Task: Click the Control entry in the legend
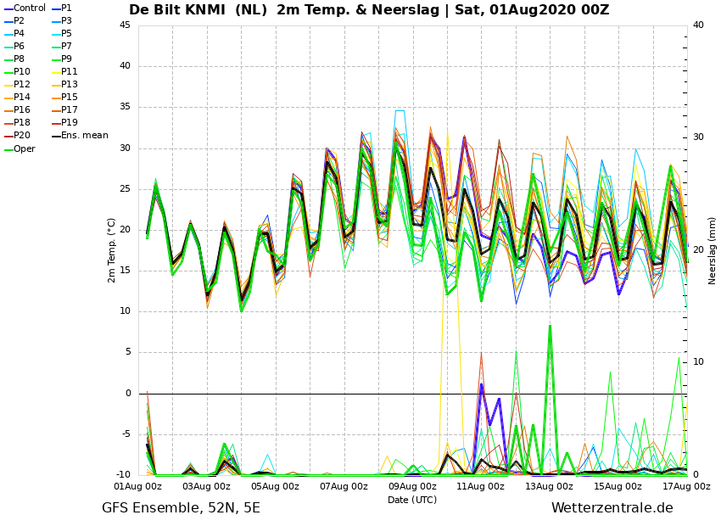pos(29,8)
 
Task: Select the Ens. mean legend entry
pos(85,136)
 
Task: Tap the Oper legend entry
pos(25,148)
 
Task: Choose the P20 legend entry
pos(22,136)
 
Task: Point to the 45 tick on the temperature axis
pos(125,25)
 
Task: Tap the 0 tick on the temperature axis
pos(127,394)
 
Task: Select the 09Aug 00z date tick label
pos(412,487)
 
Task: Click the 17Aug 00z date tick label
pos(686,487)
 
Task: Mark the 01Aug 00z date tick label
pos(138,487)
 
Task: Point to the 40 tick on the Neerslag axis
pos(697,25)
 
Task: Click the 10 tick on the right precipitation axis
pos(697,362)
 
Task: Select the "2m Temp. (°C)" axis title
pos(111,250)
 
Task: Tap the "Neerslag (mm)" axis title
pos(713,250)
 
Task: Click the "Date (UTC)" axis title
pos(412,500)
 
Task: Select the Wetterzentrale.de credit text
pos(612,508)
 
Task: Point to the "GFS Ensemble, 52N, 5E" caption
pos(181,508)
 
